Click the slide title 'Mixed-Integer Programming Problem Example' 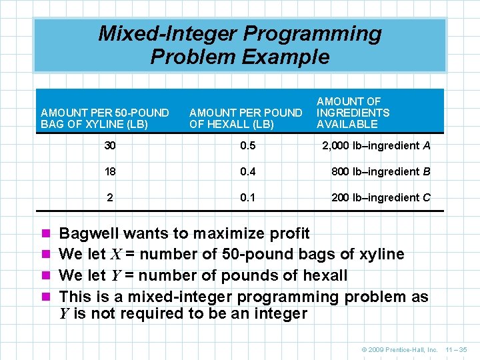click(x=240, y=45)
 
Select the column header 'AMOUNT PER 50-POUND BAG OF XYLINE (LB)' click(x=105, y=118)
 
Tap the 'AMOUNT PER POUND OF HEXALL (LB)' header click(x=245, y=118)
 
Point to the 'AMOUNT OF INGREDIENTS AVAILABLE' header click(x=353, y=113)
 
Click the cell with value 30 click(x=110, y=146)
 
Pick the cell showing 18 click(x=110, y=171)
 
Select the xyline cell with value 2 click(x=110, y=197)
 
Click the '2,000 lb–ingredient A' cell click(x=376, y=146)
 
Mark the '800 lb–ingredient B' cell click(x=381, y=171)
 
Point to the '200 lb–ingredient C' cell click(x=381, y=197)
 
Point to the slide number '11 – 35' click(x=458, y=349)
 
